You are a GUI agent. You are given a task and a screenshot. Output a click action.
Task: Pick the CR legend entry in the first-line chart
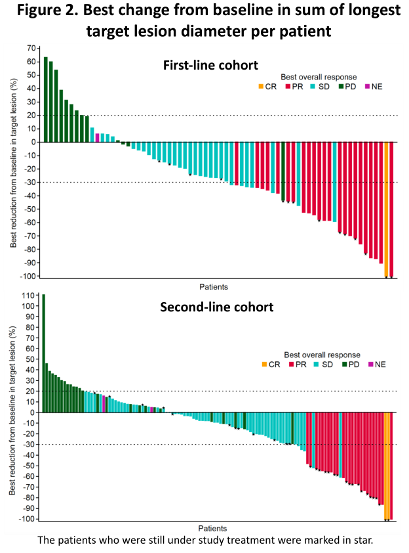[x=267, y=86]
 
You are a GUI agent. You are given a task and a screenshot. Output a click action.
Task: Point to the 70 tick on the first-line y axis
[x=30, y=48]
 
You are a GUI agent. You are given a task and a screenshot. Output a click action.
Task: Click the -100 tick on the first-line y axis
[x=27, y=276]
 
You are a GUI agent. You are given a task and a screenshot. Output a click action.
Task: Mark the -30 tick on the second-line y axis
[x=28, y=445]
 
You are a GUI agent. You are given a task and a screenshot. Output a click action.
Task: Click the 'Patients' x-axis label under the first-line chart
[x=214, y=286]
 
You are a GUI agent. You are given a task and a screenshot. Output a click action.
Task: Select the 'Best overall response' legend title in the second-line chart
[x=319, y=353]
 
